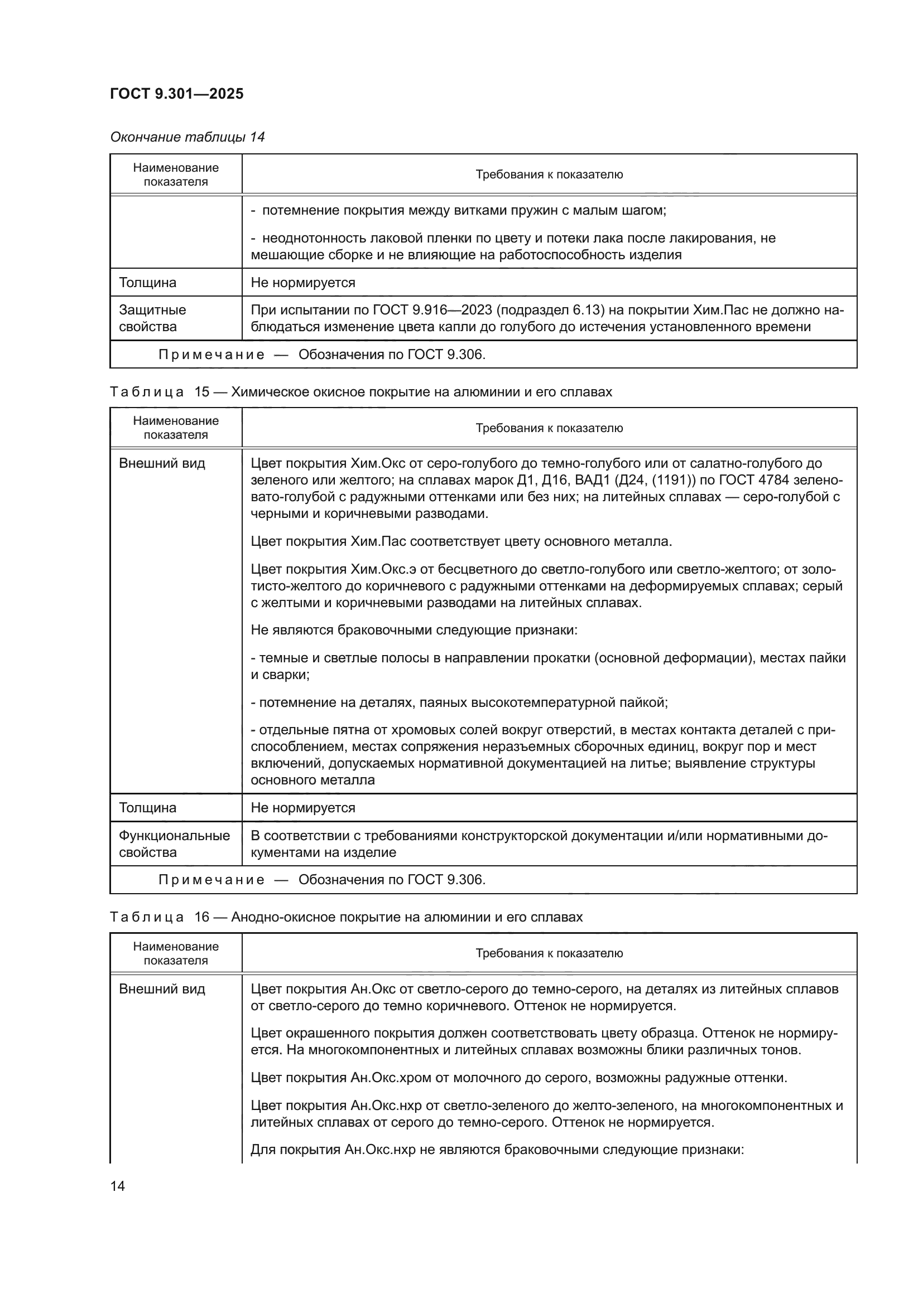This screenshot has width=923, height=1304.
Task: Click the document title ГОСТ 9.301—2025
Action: (x=176, y=94)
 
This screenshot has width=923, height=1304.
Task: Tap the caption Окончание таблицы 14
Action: (x=187, y=137)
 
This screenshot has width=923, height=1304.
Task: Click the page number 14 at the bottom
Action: (x=118, y=1186)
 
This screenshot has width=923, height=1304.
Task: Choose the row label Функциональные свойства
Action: (x=174, y=844)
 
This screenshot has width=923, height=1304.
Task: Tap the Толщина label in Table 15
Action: (x=147, y=808)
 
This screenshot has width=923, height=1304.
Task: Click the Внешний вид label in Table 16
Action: (x=161, y=989)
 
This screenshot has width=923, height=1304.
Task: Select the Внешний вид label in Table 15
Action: (x=161, y=463)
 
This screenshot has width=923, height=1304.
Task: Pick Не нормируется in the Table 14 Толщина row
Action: (x=302, y=282)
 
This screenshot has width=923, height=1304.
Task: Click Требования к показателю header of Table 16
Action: (x=549, y=953)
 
